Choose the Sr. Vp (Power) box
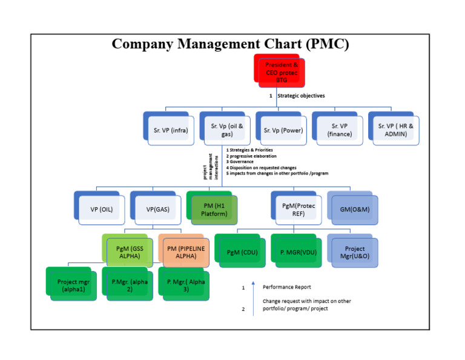coord(282,129)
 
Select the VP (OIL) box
coord(100,209)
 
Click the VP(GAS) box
coord(156,209)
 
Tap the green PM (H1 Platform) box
coord(213,209)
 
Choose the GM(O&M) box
coord(354,209)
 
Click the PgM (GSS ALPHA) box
coord(128,252)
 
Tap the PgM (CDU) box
coord(240,252)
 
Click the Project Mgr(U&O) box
coord(354,252)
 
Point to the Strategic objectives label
coord(301,96)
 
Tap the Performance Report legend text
coord(287,287)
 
